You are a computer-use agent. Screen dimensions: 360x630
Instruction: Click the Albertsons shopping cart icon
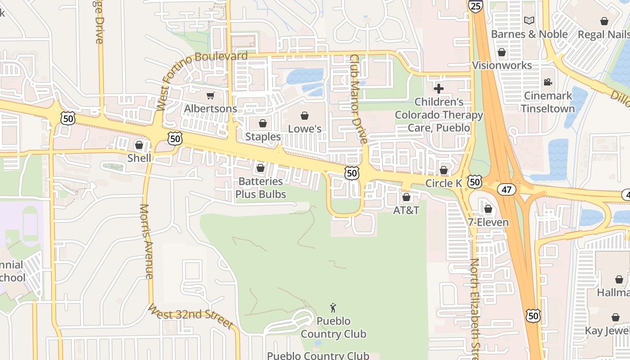[x=210, y=95]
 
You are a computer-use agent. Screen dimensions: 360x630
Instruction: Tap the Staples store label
[x=263, y=136]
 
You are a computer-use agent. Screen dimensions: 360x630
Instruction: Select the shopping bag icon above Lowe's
[x=305, y=116]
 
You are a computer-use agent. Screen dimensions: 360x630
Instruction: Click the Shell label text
[x=139, y=158]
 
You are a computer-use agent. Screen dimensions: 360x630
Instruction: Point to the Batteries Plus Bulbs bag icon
[x=260, y=168]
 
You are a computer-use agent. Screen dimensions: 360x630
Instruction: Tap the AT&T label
[x=406, y=210]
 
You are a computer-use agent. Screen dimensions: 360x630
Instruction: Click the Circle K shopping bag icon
[x=444, y=170]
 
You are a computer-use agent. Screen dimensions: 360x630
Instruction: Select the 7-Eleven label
[x=488, y=222]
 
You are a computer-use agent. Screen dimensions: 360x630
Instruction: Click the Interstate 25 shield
[x=475, y=5]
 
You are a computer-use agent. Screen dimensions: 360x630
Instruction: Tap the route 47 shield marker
[x=507, y=189]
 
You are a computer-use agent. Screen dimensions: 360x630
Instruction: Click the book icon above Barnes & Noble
[x=529, y=21]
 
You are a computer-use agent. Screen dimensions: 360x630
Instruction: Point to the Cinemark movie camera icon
[x=548, y=82]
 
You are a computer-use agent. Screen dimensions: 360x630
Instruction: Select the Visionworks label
[x=502, y=65]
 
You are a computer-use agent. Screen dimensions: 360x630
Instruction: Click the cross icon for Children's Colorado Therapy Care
[x=439, y=89]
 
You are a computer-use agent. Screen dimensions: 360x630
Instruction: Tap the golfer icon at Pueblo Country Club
[x=333, y=308]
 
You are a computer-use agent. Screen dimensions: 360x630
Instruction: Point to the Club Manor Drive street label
[x=359, y=99]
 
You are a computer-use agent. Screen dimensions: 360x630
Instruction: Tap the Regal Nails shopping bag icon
[x=604, y=21]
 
